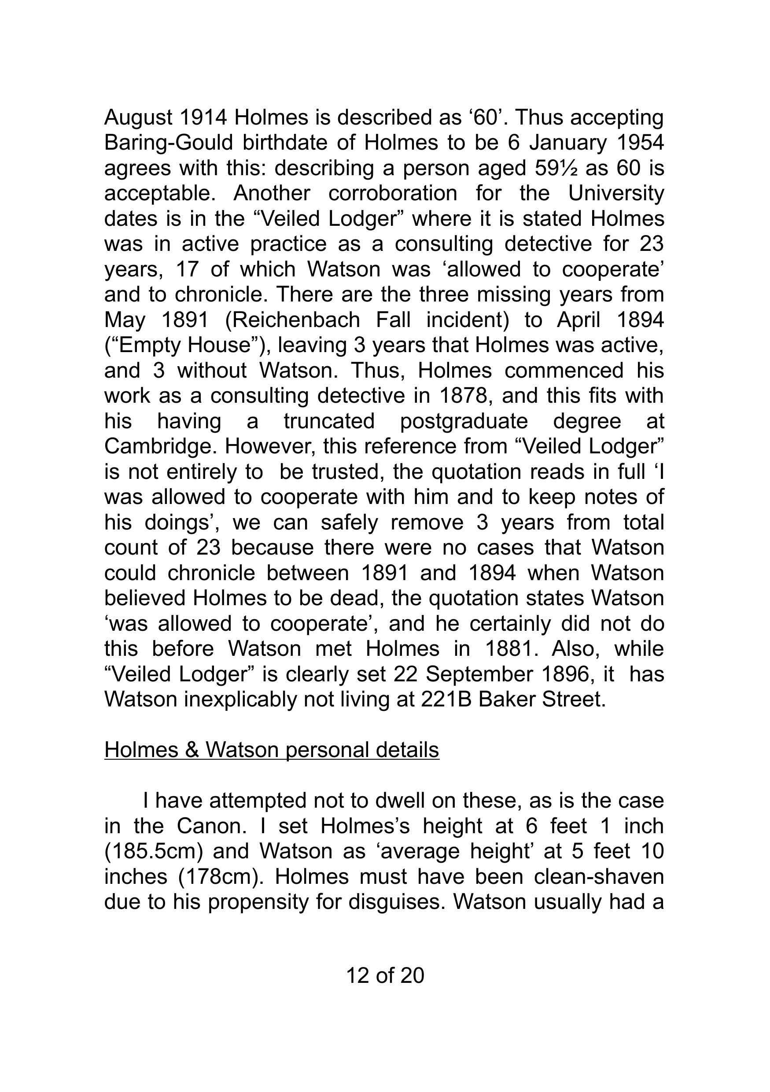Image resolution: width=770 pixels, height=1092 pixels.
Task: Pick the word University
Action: pyautogui.click(x=616, y=194)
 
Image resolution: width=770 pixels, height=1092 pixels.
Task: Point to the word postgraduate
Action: pyautogui.click(x=464, y=421)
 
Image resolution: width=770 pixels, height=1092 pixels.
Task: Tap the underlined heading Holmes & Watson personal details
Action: pyautogui.click(x=272, y=750)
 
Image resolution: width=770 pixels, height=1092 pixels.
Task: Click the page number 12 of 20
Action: pyautogui.click(x=385, y=975)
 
